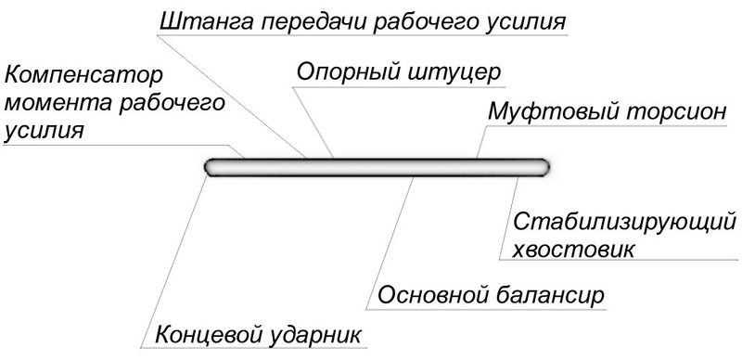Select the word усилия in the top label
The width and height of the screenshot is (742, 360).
525,19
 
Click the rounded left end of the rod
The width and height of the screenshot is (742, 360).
211,168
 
